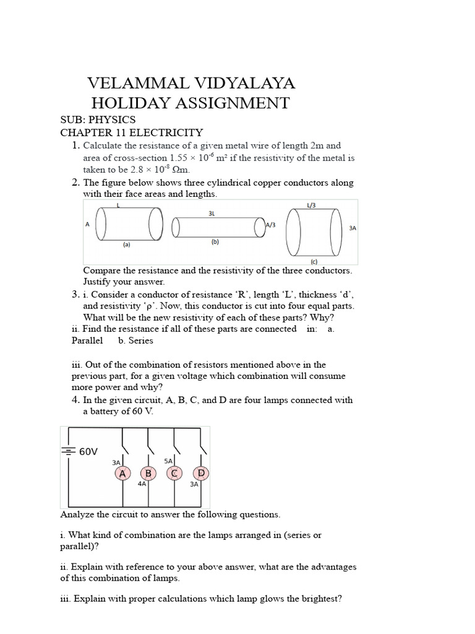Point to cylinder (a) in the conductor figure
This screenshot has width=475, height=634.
click(129, 223)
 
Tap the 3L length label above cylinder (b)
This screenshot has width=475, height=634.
click(212, 212)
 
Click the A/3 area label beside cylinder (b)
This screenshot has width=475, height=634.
click(271, 225)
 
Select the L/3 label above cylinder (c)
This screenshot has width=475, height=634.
click(310, 205)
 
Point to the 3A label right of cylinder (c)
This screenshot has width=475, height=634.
click(353, 228)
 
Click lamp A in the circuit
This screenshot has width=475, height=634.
click(122, 474)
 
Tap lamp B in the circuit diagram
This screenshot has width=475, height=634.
click(148, 474)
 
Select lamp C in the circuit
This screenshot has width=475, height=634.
click(174, 474)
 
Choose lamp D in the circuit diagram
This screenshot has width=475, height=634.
click(200, 474)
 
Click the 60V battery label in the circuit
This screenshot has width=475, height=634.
click(88, 452)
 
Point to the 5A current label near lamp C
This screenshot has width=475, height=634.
click(168, 461)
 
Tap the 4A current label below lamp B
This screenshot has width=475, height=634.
click(142, 484)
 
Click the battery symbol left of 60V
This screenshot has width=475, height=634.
click(68, 451)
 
